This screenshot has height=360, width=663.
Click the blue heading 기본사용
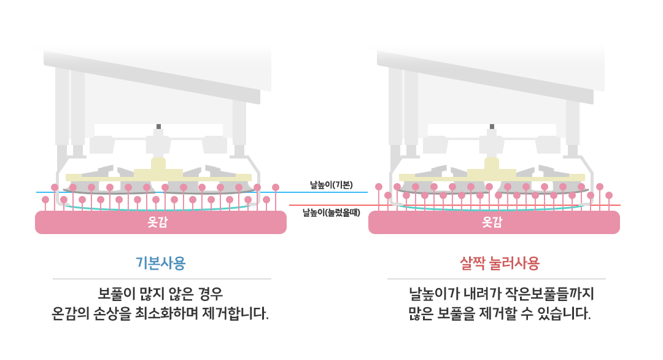(x=161, y=263)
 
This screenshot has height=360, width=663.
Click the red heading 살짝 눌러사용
(x=500, y=263)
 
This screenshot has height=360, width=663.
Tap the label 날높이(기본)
(x=331, y=185)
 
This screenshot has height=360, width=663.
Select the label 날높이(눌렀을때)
(x=331, y=213)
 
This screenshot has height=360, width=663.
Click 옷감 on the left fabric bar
(x=158, y=222)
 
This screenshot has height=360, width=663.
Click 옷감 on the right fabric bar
(x=492, y=222)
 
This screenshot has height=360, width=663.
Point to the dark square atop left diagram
(x=158, y=127)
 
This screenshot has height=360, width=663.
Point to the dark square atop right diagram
(x=492, y=127)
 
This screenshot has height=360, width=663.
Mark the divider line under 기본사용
(x=162, y=279)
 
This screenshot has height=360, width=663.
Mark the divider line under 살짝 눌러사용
(x=497, y=279)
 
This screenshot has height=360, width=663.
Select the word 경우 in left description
(x=210, y=294)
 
